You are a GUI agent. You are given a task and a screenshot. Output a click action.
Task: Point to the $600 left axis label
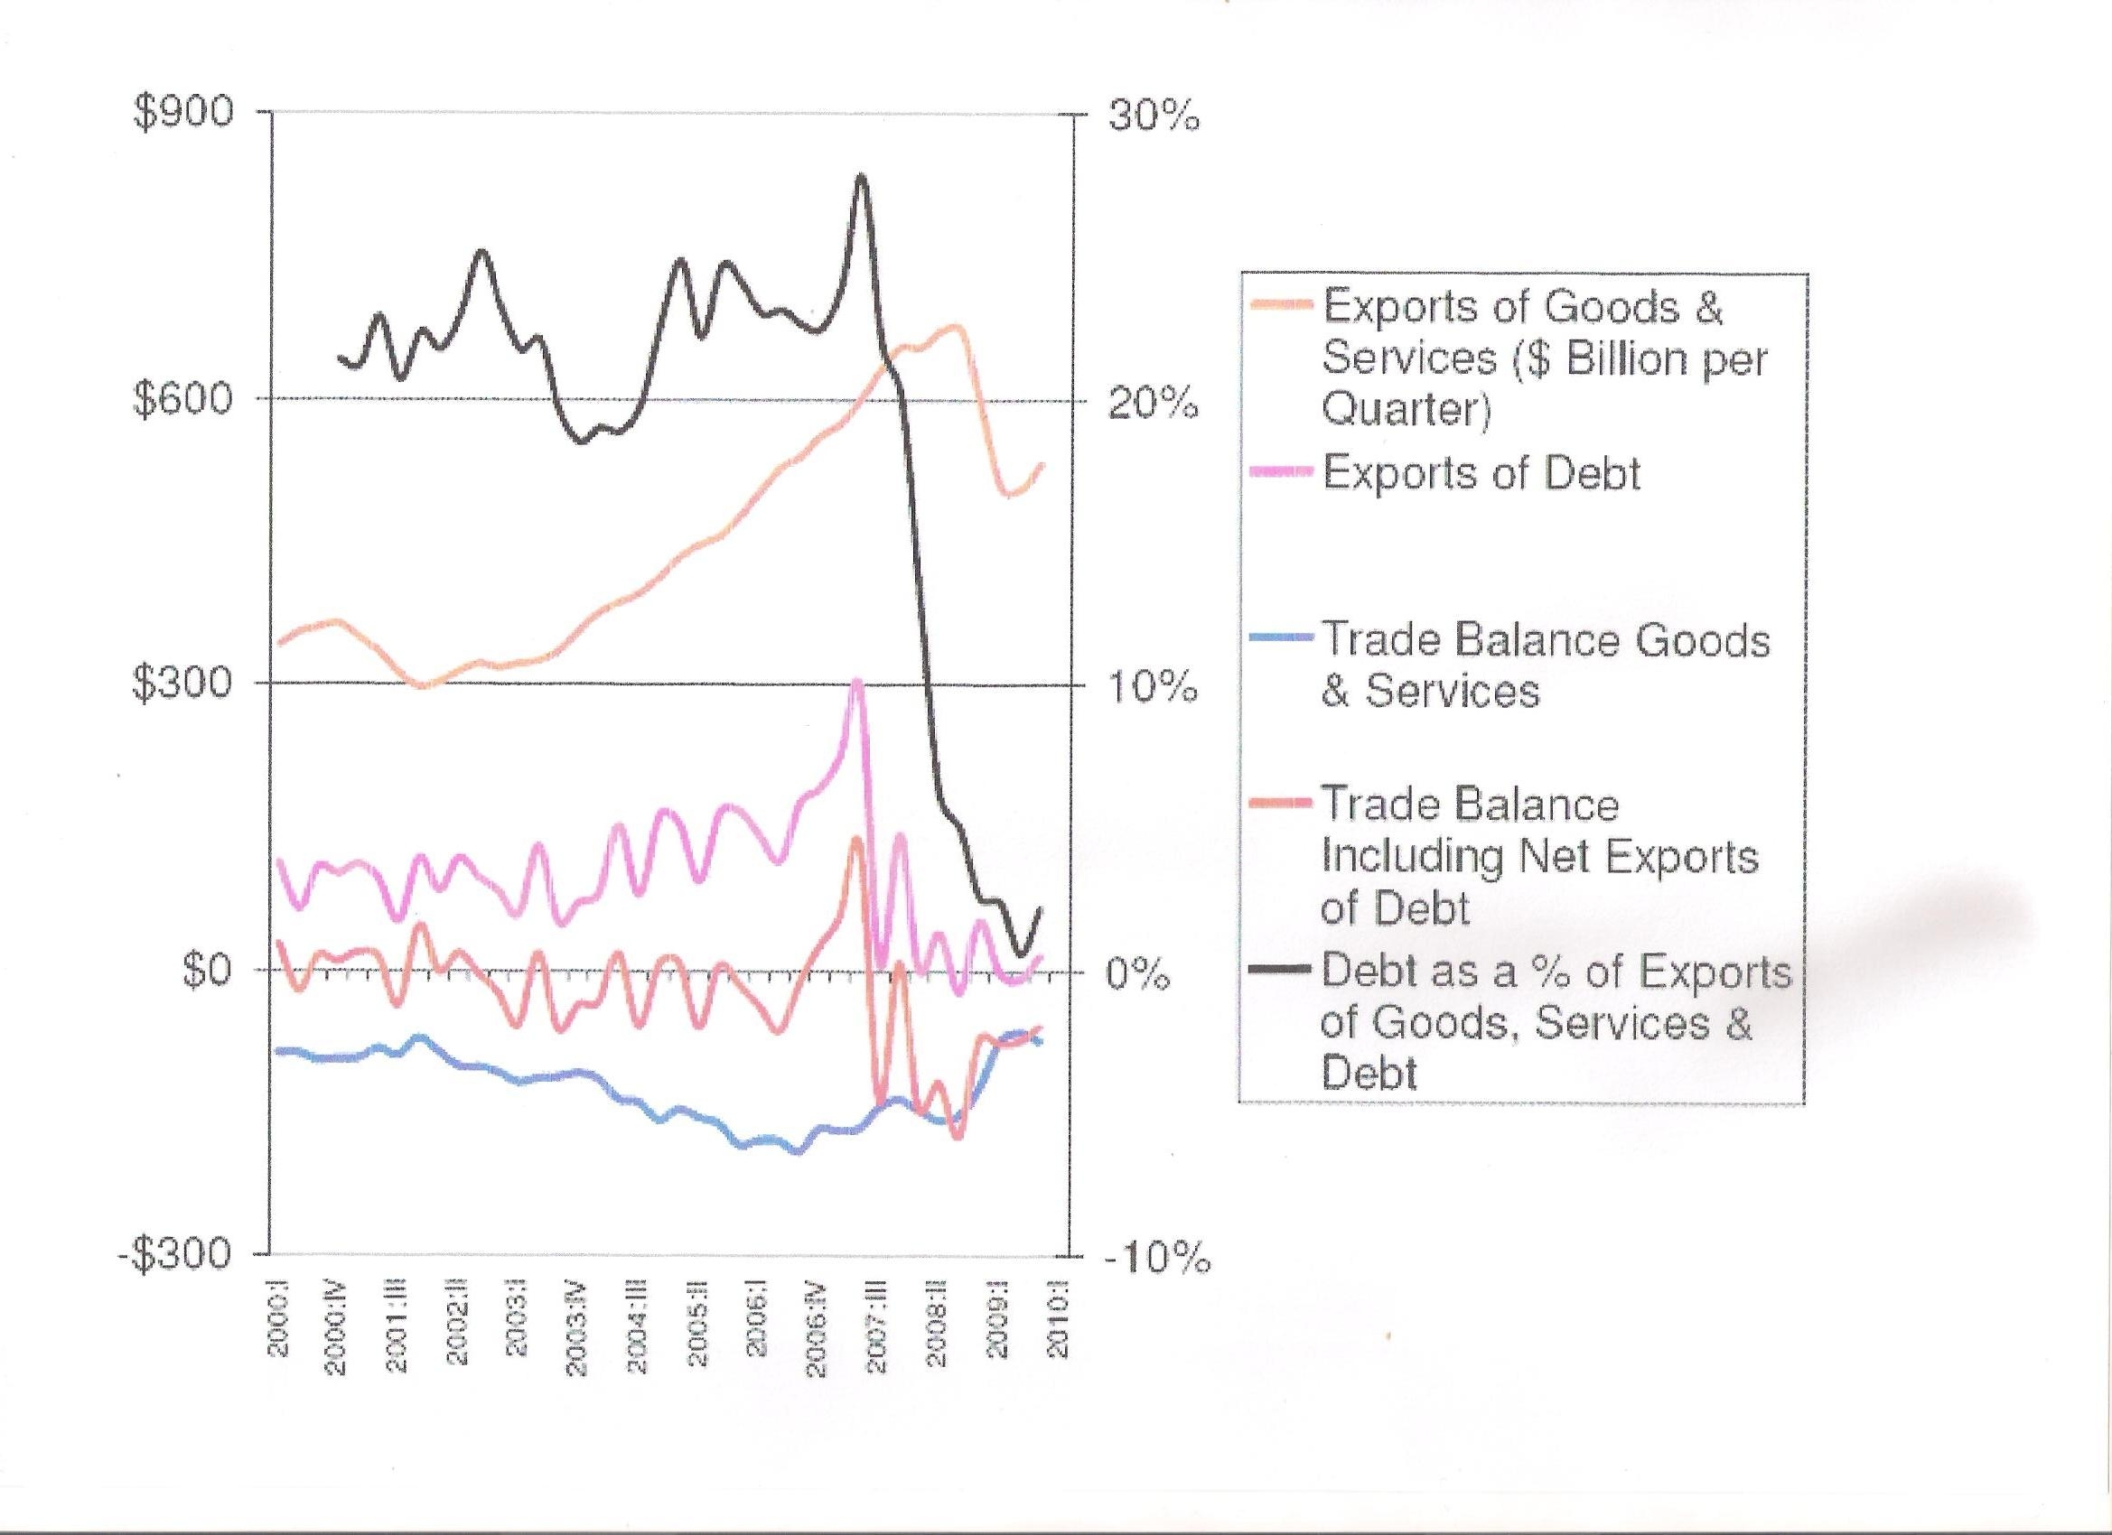(x=183, y=400)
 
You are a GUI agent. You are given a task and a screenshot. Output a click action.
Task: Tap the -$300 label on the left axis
(x=175, y=1254)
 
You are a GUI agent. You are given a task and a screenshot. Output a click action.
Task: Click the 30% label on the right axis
(x=1153, y=117)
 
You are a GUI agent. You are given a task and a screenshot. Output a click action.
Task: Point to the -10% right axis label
(x=1158, y=1260)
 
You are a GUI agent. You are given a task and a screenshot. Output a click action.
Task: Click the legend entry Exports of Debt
(x=1481, y=474)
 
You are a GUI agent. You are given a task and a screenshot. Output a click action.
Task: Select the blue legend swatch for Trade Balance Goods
(x=1280, y=639)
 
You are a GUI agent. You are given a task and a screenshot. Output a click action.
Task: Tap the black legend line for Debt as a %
(x=1280, y=971)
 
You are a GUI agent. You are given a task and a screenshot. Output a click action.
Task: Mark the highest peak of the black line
(x=862, y=176)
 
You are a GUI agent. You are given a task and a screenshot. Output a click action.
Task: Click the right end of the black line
(x=1040, y=907)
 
